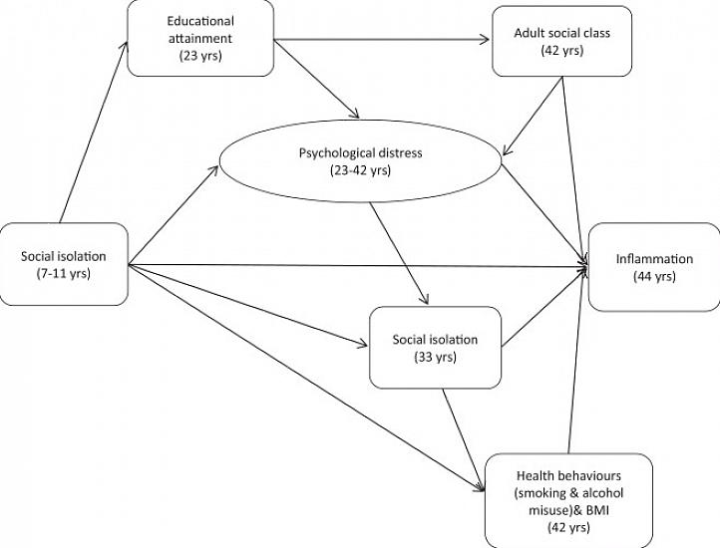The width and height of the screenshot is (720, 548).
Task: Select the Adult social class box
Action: click(x=549, y=41)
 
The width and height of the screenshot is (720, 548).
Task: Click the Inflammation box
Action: click(x=653, y=267)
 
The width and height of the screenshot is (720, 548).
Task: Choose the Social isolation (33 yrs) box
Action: click(x=435, y=348)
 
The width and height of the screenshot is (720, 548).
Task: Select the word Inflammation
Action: click(x=653, y=259)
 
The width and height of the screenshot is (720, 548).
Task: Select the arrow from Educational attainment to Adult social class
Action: click(x=383, y=42)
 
